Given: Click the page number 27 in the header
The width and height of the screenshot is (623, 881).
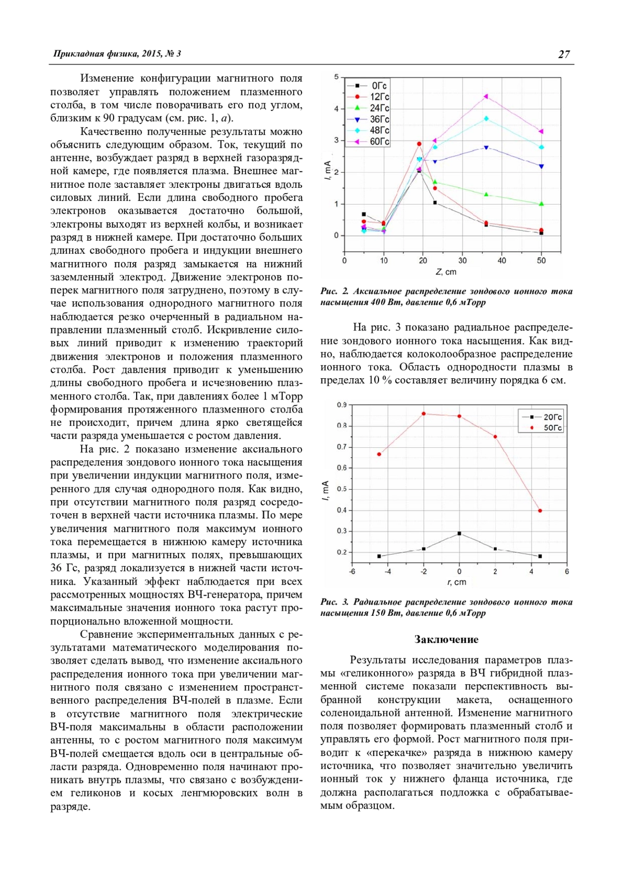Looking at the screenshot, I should click(564, 54).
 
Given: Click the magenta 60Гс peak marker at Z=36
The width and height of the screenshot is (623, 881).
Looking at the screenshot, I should click(486, 96).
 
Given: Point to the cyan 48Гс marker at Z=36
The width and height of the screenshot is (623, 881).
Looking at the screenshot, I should click(486, 118).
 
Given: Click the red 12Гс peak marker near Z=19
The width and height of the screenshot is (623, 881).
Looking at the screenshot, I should click(419, 144).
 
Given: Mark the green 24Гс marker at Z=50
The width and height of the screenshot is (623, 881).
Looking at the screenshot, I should click(541, 204).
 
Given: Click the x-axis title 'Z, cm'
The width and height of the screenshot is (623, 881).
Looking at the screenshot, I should click(446, 272).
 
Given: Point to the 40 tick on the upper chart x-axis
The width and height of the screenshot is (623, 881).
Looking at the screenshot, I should click(502, 260).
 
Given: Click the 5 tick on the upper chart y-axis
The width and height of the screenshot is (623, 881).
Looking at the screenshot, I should click(336, 77).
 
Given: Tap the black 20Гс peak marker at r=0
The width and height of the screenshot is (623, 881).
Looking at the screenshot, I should click(459, 533).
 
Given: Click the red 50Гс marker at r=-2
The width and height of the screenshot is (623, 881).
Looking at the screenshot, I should click(424, 414).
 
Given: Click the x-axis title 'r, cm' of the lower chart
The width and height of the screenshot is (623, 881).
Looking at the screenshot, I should click(457, 582).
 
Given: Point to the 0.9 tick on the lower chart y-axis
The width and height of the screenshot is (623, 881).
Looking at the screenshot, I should click(342, 405).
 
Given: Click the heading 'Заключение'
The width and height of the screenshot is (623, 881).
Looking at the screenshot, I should click(446, 639).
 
